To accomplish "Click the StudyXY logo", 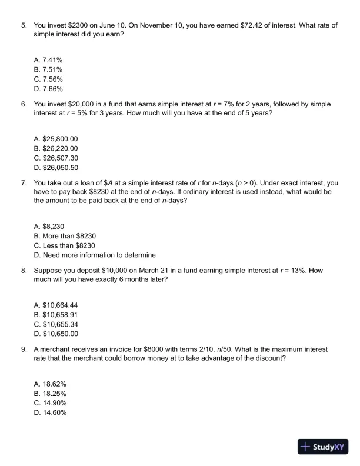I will (x=322, y=447).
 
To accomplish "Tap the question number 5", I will (x=24, y=26).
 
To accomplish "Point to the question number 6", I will (x=24, y=104).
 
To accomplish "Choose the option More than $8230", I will (x=65, y=236).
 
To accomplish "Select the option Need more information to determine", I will (x=95, y=255).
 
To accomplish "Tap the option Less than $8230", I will (x=65, y=245).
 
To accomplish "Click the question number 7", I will (x=24, y=182).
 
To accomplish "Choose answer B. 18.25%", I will (x=50, y=393).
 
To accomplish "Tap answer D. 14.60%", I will (x=50, y=412).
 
